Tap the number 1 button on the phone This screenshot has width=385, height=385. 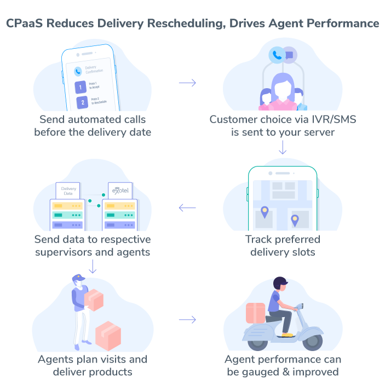pyautogui.click(x=80, y=87)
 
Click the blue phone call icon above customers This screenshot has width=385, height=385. pyautogui.click(x=277, y=54)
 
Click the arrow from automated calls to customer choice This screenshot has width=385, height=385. pyautogui.click(x=187, y=83)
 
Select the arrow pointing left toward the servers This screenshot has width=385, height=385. pyautogui.click(x=187, y=208)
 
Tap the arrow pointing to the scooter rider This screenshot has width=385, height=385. pyautogui.click(x=187, y=319)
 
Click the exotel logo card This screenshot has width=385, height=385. pyautogui.click(x=120, y=191)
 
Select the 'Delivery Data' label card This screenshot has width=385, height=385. pyautogui.click(x=68, y=191)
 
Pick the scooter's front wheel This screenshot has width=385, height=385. pyautogui.click(x=313, y=341)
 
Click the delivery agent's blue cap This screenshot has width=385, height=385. pyautogui.click(x=79, y=278)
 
